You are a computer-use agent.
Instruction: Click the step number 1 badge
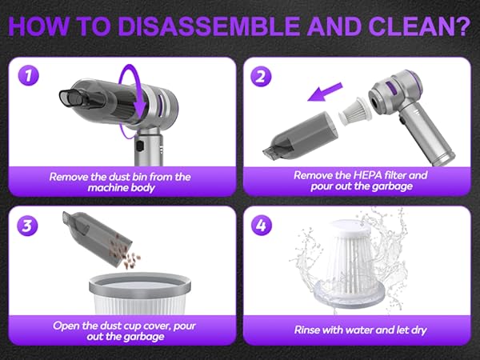(27, 78)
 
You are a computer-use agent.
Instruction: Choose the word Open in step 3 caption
(66, 325)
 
